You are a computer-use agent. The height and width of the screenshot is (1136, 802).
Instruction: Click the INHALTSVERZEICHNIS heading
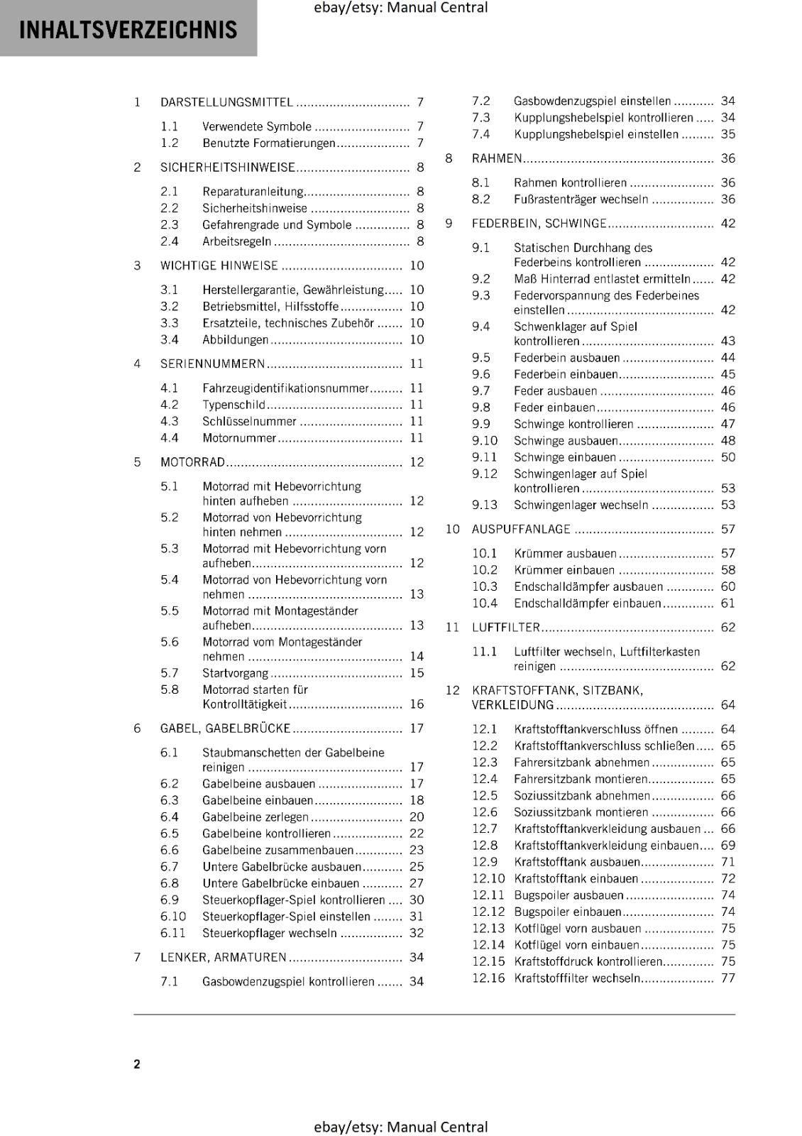point(128,30)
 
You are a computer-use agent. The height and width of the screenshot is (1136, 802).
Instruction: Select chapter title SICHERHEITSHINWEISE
point(227,168)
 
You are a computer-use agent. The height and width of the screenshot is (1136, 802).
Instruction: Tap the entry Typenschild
point(234,405)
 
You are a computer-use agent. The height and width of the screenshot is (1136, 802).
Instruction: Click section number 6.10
point(172,917)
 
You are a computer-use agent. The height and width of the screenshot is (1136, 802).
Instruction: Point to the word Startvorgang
point(235,673)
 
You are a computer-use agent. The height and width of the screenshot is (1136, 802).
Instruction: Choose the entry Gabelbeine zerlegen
point(256,817)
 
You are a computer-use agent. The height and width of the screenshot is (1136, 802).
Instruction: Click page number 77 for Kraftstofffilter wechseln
point(727,978)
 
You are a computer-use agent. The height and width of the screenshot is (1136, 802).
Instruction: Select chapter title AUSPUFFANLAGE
point(521,530)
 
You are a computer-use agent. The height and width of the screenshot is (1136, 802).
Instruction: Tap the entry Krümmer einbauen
point(564,570)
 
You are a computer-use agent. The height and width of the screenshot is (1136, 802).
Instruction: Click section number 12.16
point(488,978)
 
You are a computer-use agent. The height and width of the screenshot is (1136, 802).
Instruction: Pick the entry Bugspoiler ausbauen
point(568,895)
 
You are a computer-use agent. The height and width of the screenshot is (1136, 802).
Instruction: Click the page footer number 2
point(137,1064)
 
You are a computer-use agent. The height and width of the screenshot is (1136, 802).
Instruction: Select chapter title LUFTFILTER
point(506,628)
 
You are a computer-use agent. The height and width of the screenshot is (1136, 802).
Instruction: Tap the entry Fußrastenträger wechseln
point(581,200)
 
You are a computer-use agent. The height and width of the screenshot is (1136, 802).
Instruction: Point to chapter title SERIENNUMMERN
point(212,364)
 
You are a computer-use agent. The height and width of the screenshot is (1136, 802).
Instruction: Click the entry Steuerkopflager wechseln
point(269,933)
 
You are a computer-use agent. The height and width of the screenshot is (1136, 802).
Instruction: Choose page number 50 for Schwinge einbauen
point(727,457)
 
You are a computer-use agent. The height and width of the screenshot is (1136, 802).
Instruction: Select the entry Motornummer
point(238,438)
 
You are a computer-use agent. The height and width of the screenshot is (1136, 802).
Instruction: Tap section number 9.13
point(485,505)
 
